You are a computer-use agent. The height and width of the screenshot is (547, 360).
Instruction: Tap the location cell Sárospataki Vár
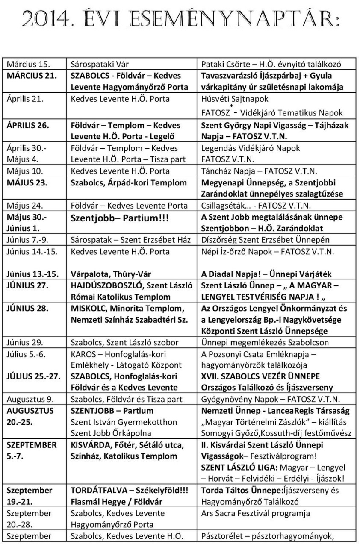click(x=100, y=65)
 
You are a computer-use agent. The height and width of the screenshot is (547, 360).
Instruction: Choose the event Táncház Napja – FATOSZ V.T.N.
click(x=259, y=171)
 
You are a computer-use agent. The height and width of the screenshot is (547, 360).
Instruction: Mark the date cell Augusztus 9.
click(x=30, y=400)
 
